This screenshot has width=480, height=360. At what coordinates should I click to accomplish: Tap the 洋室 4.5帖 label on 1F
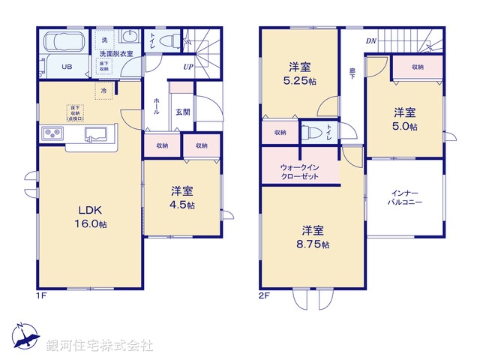[181, 197]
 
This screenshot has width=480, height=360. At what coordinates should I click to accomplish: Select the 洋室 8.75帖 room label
[313, 236]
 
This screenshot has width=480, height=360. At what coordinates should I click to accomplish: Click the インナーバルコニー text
[405, 197]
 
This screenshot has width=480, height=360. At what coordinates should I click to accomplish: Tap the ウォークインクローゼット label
[299, 172]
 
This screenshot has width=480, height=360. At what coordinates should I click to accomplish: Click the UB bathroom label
[67, 66]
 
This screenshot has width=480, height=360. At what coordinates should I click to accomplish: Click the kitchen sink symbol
[97, 133]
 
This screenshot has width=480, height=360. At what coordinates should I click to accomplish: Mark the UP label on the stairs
[187, 66]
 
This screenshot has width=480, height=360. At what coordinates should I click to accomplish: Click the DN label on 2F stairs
[370, 41]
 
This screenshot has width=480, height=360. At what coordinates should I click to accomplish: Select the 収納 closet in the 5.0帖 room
[417, 67]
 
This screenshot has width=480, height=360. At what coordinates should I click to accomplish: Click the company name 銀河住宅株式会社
[100, 346]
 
